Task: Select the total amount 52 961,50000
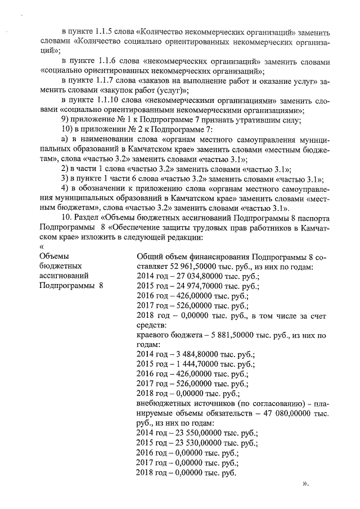[x=199, y=267]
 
